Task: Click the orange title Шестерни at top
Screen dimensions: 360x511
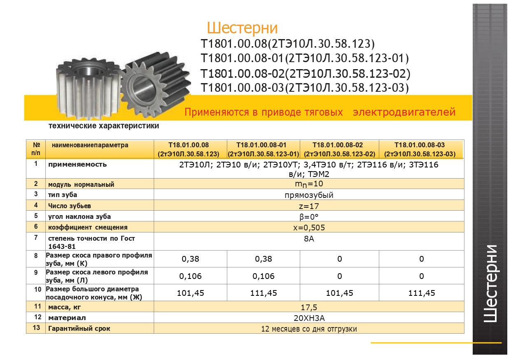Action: tap(242, 28)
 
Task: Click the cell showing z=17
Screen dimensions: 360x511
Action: tap(309, 206)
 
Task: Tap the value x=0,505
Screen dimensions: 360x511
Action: tap(309, 227)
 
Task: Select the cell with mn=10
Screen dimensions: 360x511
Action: tap(309, 184)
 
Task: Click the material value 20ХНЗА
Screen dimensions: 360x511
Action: tap(309, 318)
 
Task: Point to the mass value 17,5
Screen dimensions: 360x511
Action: tap(309, 307)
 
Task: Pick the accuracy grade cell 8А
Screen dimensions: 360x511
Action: tap(309, 239)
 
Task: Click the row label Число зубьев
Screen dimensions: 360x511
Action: tap(70, 206)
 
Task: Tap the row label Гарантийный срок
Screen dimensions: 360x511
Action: tap(79, 328)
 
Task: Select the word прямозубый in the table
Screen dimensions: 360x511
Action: tap(309, 195)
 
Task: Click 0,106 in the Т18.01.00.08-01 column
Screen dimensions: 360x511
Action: tap(264, 276)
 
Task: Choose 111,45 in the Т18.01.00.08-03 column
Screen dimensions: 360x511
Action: tap(421, 293)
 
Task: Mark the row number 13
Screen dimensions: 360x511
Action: tap(36, 328)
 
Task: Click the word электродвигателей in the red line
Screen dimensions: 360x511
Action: tap(404, 112)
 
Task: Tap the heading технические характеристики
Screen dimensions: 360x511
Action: tap(104, 126)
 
